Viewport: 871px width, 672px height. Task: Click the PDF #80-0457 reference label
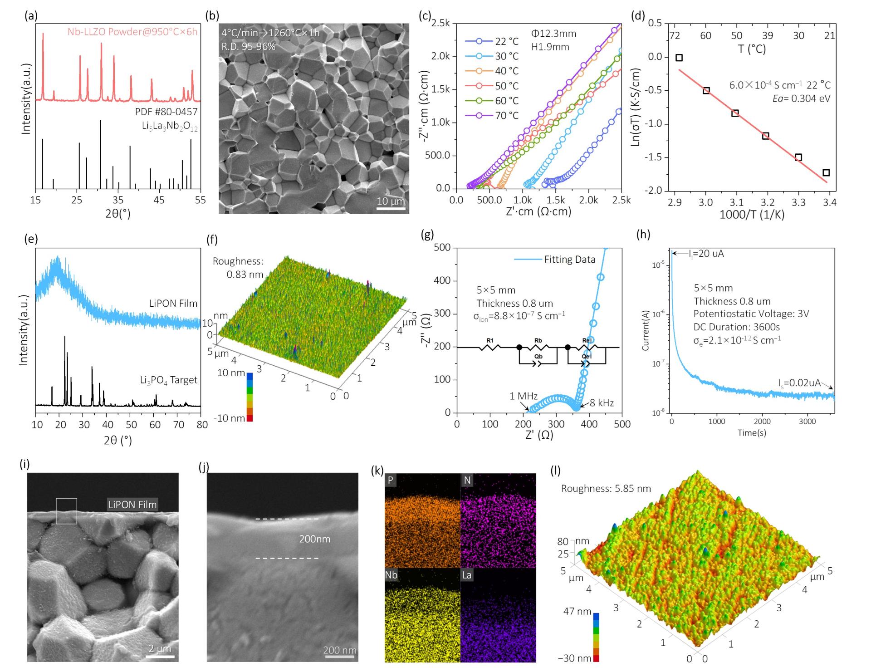[x=166, y=112]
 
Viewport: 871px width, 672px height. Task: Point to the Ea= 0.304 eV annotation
[x=802, y=98]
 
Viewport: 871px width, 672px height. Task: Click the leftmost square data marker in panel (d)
[x=679, y=58]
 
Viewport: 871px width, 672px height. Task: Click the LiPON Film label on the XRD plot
[x=173, y=303]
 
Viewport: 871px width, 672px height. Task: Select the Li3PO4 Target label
[x=169, y=379]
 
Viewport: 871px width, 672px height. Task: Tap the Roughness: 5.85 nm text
[x=606, y=489]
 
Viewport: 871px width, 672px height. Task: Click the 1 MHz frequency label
[x=524, y=396]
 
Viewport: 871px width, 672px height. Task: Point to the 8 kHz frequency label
[x=602, y=403]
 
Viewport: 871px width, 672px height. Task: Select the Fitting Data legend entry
[x=555, y=260]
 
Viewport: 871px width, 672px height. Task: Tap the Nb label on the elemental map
[x=391, y=575]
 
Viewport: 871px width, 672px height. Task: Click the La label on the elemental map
[x=466, y=575]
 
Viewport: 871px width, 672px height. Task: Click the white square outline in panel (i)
[x=66, y=511]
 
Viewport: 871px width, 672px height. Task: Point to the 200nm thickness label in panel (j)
[x=314, y=539]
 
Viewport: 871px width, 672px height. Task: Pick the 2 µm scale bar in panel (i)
[x=160, y=656]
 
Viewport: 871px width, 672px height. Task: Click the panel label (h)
[x=643, y=234]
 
